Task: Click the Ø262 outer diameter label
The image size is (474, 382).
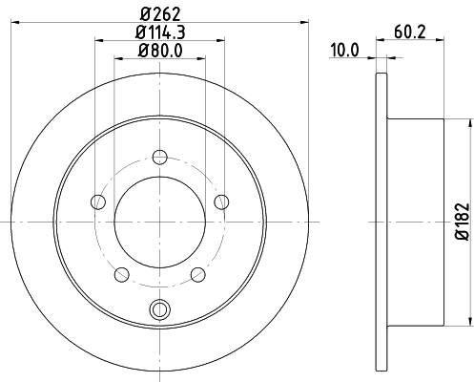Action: point(159,12)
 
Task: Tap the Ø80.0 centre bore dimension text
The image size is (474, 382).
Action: point(159,51)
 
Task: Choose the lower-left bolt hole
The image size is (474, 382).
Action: point(120,275)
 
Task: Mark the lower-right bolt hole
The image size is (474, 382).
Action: point(198,275)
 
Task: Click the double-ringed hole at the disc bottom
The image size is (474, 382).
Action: point(159,308)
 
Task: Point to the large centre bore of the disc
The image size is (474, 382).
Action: point(159,222)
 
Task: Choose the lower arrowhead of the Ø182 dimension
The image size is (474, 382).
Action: point(468,322)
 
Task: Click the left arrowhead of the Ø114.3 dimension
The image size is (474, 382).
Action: point(99,40)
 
